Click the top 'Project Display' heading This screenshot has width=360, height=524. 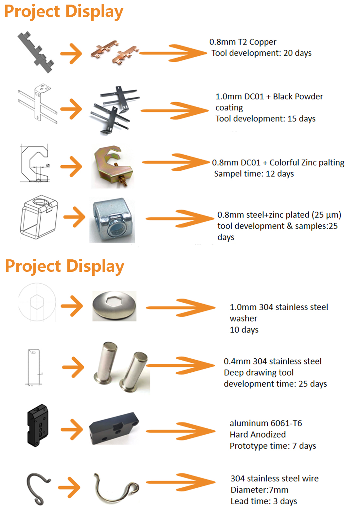tap(63, 12)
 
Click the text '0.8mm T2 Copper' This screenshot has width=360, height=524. tap(243, 42)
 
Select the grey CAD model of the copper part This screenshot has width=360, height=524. tap(35, 52)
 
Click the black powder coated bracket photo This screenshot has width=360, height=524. tap(114, 110)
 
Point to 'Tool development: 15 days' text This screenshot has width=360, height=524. tap(265, 119)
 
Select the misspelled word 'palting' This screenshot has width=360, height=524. tap(332, 163)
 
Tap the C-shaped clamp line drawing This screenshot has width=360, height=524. tap(35, 163)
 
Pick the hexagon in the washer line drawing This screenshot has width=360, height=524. tap(37, 302)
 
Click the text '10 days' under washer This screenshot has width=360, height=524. tap(244, 330)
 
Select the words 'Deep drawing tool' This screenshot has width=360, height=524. tap(259, 373)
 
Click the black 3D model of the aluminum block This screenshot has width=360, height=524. tap(38, 425)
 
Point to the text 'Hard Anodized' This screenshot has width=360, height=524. tap(258, 435)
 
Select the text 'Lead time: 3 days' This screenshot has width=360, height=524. tap(263, 501)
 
